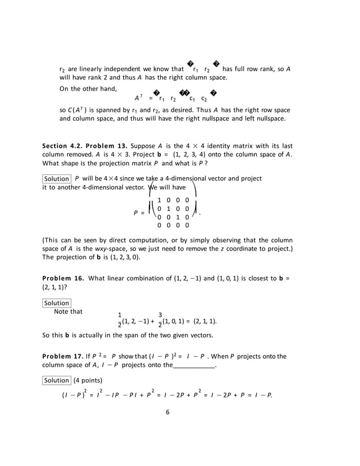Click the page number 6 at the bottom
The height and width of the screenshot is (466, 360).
click(x=168, y=411)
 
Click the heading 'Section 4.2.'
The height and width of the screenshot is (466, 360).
click(x=61, y=146)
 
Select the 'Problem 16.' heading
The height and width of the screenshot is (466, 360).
click(x=63, y=278)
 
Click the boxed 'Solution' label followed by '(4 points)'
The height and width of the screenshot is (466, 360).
click(x=56, y=380)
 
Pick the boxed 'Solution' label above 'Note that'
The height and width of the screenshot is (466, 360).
click(x=56, y=303)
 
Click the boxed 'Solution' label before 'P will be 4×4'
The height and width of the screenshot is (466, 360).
click(x=56, y=179)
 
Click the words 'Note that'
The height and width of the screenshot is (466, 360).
click(x=68, y=311)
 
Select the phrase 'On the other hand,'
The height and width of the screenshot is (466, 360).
click(x=88, y=88)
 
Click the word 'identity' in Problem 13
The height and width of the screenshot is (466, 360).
click(x=194, y=146)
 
